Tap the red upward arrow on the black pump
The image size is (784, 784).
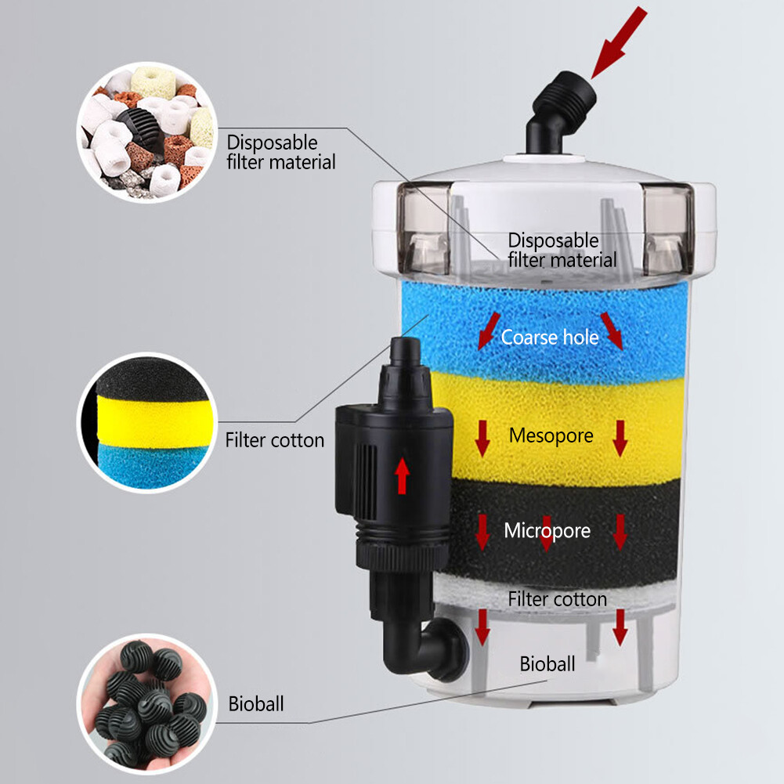[x=403, y=475]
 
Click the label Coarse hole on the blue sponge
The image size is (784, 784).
[x=550, y=338]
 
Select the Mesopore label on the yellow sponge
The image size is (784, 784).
[x=551, y=435]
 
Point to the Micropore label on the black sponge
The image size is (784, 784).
[x=547, y=531]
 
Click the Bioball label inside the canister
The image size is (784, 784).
[x=547, y=664]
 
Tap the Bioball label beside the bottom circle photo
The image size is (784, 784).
[x=256, y=703]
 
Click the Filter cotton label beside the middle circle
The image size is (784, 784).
[x=274, y=440]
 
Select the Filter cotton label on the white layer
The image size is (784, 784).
[x=557, y=599]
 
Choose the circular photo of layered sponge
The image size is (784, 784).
[x=146, y=423]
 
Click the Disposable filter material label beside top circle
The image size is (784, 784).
[x=280, y=152]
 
